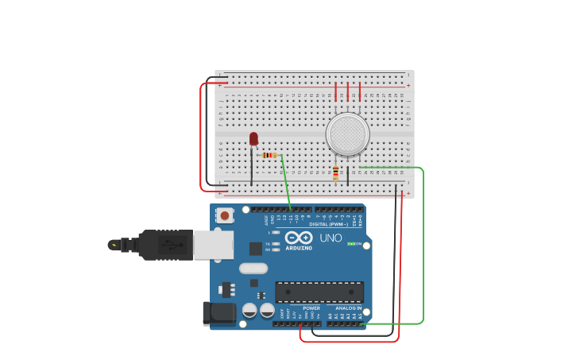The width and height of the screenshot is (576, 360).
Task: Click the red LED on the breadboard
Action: [x=253, y=139]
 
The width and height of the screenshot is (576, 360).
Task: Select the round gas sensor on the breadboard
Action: [x=347, y=134]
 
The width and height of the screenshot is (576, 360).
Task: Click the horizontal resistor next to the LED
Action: [x=269, y=155]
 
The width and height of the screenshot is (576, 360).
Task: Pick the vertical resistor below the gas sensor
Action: [x=335, y=173]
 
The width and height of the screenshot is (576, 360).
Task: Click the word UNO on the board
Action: [x=331, y=238]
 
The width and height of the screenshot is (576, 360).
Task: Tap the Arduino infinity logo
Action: [x=299, y=238]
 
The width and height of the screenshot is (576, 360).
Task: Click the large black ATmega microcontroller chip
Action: [x=319, y=292]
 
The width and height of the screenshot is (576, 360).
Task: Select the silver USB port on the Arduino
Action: [x=213, y=245]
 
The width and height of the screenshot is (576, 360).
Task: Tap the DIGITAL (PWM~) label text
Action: [x=327, y=224]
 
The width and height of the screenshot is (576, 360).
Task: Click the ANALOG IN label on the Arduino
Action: [x=347, y=308]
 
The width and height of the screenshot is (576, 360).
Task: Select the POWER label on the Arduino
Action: [x=311, y=308]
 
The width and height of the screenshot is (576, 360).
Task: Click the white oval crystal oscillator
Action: [x=253, y=269]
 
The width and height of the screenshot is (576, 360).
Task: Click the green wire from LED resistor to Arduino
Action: [x=285, y=183]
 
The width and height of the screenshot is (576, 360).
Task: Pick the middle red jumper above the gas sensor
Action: [x=347, y=91]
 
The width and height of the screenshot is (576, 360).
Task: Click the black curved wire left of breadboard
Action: [x=208, y=131]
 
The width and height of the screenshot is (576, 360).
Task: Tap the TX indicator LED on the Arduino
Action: [x=276, y=243]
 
